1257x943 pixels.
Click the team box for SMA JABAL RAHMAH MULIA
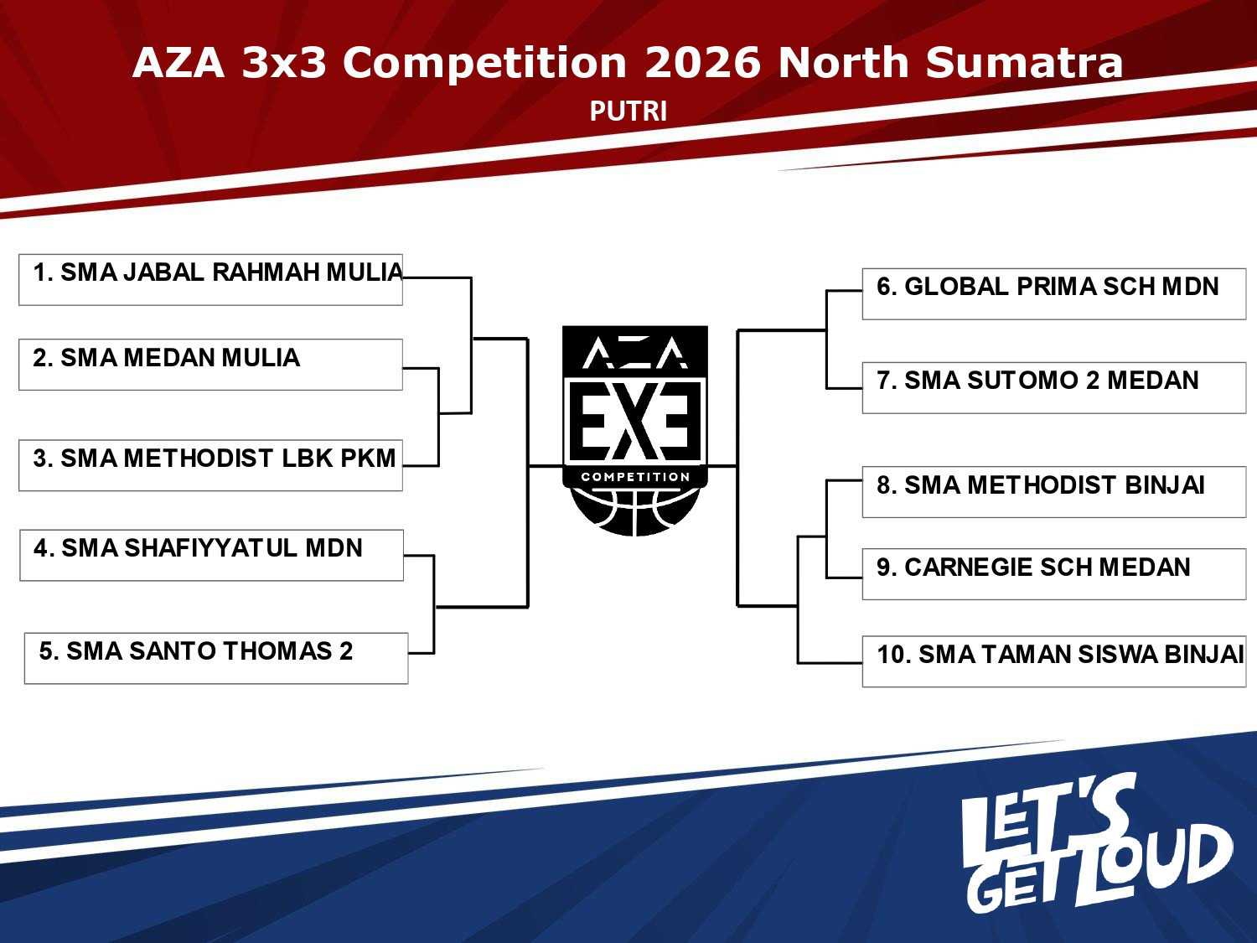(x=210, y=279)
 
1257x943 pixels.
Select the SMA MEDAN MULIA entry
(x=210, y=365)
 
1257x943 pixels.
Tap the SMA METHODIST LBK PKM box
(x=210, y=465)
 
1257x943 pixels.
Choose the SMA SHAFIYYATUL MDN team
(x=211, y=555)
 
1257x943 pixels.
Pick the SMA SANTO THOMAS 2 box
(x=216, y=658)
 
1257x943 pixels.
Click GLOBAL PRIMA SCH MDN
(x=1053, y=293)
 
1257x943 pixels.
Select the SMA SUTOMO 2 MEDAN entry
(x=1053, y=387)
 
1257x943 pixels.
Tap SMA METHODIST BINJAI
(x=1053, y=492)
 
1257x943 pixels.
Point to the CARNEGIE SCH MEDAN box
(x=1053, y=574)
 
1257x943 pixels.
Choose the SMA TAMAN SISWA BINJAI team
(x=1053, y=661)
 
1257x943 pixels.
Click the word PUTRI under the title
(x=628, y=111)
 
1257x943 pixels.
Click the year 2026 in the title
(x=702, y=63)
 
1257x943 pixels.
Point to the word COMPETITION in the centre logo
(x=635, y=477)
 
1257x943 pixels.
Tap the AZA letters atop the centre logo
(x=635, y=354)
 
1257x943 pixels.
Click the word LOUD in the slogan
(x=1156, y=863)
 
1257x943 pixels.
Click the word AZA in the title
(x=178, y=63)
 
